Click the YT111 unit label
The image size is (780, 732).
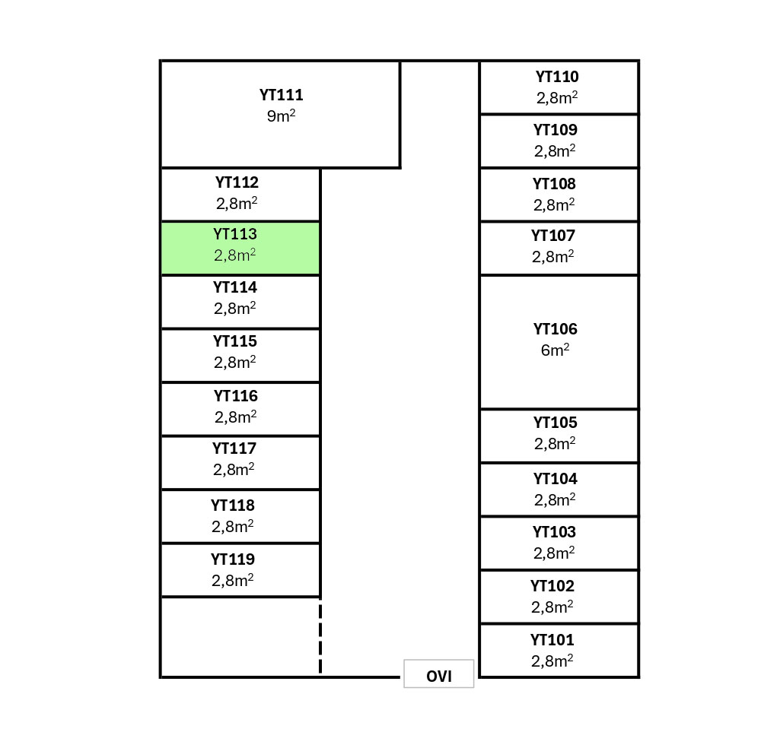coord(281,96)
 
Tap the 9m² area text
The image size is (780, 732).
coord(281,117)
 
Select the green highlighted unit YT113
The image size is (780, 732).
coord(240,248)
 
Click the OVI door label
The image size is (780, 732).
coord(439,675)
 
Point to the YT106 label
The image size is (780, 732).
coord(555,329)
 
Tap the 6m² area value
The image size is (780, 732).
coord(555,350)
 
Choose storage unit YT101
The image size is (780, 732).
coord(559,651)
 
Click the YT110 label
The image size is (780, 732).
coord(557,77)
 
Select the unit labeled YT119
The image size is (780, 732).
coord(240,570)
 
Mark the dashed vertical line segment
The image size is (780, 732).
coord(320,637)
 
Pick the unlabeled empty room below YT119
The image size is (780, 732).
coord(240,637)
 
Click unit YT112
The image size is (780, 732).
coord(240,194)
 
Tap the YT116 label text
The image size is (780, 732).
coord(235,396)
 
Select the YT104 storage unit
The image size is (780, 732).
coord(559,490)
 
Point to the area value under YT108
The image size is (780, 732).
coord(554,205)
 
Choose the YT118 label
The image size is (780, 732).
coord(233,505)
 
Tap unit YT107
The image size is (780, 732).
coord(559,248)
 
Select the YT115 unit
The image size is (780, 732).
coord(240,355)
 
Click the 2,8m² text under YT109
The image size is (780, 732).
coord(555,151)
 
